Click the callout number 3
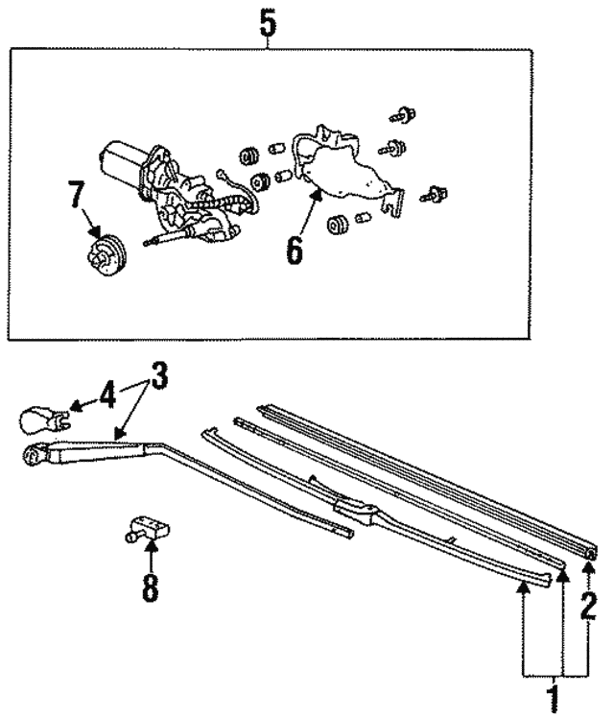click(156, 377)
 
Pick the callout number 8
click(150, 586)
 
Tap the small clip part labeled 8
click(145, 528)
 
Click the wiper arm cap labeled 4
click(42, 419)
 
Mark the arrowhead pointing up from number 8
click(150, 546)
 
